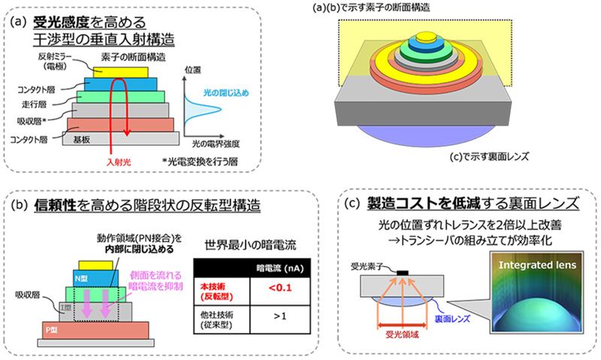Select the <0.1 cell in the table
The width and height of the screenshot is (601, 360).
click(273, 286)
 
